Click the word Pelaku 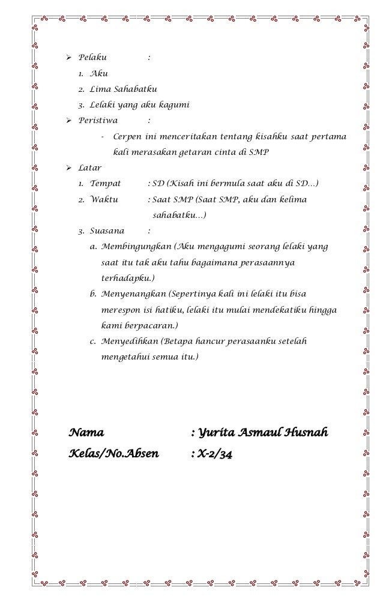pyautogui.click(x=92, y=58)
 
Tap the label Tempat pyautogui.click(x=105, y=184)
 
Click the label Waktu pyautogui.click(x=104, y=199)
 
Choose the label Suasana pyautogui.click(x=107, y=230)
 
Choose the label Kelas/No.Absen pyautogui.click(x=114, y=454)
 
